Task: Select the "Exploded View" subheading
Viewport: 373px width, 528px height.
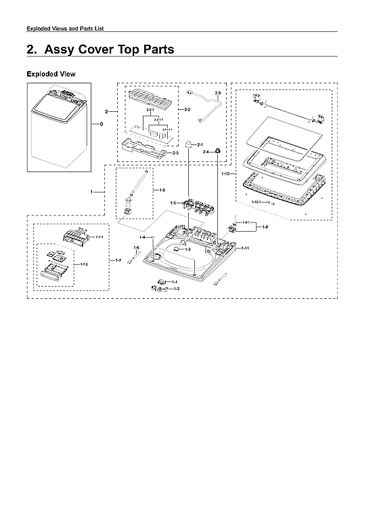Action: pos(51,73)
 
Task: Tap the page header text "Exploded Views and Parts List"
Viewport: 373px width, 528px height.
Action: pos(65,28)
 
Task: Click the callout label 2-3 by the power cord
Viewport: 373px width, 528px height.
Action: pos(217,92)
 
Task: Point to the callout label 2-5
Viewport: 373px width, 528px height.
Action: pos(175,153)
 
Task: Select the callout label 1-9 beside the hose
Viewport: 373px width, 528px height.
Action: pos(162,190)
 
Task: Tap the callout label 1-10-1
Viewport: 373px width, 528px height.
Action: pos(257,203)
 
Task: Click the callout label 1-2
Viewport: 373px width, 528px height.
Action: pos(177,289)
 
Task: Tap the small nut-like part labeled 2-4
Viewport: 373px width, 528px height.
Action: pos(219,150)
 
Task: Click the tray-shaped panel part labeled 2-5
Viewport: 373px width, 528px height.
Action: pos(143,145)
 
